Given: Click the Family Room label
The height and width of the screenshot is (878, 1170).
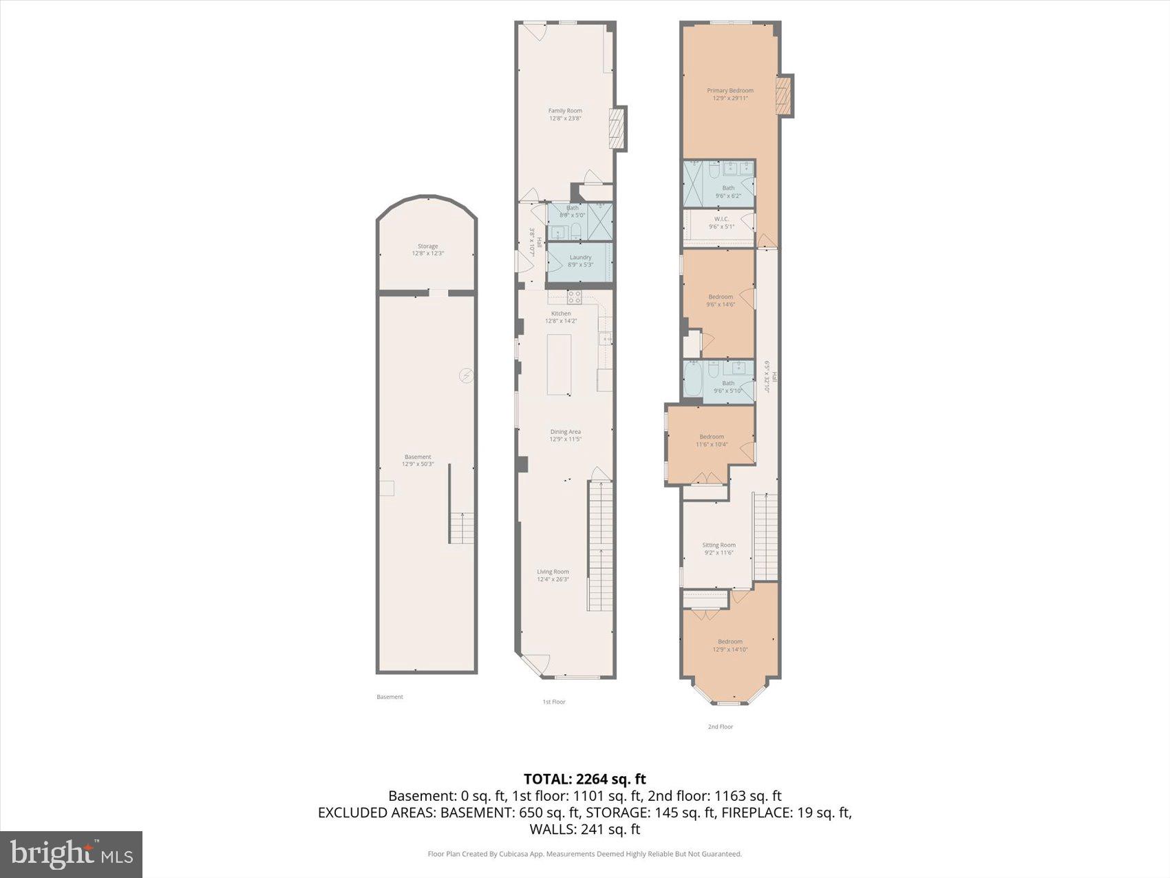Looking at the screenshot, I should tap(565, 114).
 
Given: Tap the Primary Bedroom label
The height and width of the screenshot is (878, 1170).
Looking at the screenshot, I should tap(730, 94).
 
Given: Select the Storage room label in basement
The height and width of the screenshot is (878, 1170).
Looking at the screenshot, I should tap(427, 249).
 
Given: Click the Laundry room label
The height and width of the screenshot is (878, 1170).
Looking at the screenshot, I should tap(580, 260).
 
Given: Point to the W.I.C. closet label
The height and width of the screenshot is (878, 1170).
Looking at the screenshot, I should tap(721, 222).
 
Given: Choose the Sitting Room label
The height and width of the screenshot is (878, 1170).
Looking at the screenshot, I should tap(719, 548).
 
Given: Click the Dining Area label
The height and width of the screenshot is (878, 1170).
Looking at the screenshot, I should tap(565, 435).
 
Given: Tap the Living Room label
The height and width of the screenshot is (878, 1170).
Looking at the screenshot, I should tap(553, 575).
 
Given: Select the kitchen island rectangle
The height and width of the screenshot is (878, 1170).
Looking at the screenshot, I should tap(559, 364).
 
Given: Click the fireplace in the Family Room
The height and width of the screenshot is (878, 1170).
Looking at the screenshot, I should tap(618, 128).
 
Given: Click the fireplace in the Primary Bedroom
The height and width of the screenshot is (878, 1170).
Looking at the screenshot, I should tap(785, 96).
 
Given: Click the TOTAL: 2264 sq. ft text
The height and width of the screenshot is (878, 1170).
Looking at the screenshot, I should tap(584, 779).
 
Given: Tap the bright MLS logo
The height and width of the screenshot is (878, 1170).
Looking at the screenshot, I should tap(72, 855).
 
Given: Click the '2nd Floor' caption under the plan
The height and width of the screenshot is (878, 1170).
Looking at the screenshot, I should tap(721, 727).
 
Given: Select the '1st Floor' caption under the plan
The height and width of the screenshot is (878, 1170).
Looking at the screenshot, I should tap(553, 702).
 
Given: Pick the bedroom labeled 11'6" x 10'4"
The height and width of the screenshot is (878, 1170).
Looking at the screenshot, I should tap(711, 441).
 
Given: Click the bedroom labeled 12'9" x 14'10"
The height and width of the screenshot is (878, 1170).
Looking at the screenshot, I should tap(730, 645).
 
